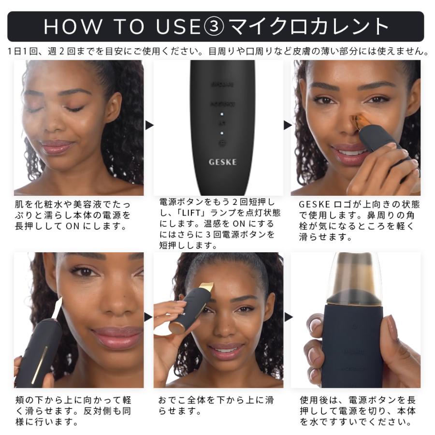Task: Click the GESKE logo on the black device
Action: tap(223, 162)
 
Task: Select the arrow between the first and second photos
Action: tap(149, 126)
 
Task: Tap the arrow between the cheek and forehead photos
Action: tap(149, 318)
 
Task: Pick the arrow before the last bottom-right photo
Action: tap(288, 318)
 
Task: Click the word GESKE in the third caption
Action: tap(313, 204)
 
